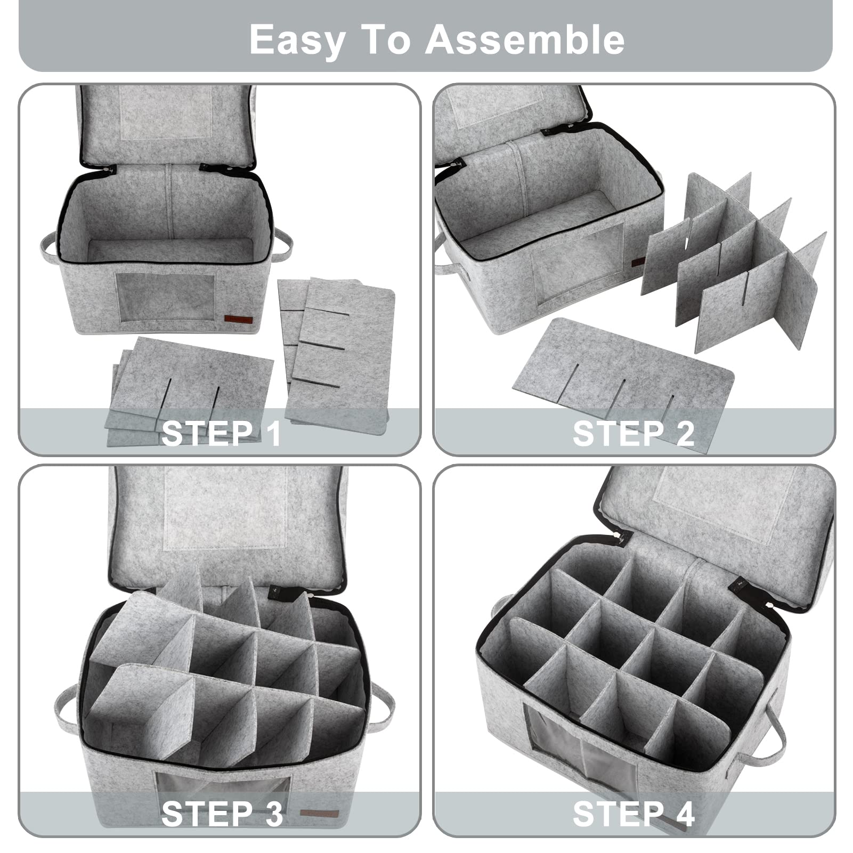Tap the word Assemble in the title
pyautogui.click(x=525, y=39)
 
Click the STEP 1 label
pyautogui.click(x=221, y=433)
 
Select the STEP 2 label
pyautogui.click(x=633, y=433)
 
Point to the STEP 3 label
pyautogui.click(x=222, y=814)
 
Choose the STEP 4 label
pyautogui.click(x=633, y=814)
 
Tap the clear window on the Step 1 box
pyautogui.click(x=166, y=298)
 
